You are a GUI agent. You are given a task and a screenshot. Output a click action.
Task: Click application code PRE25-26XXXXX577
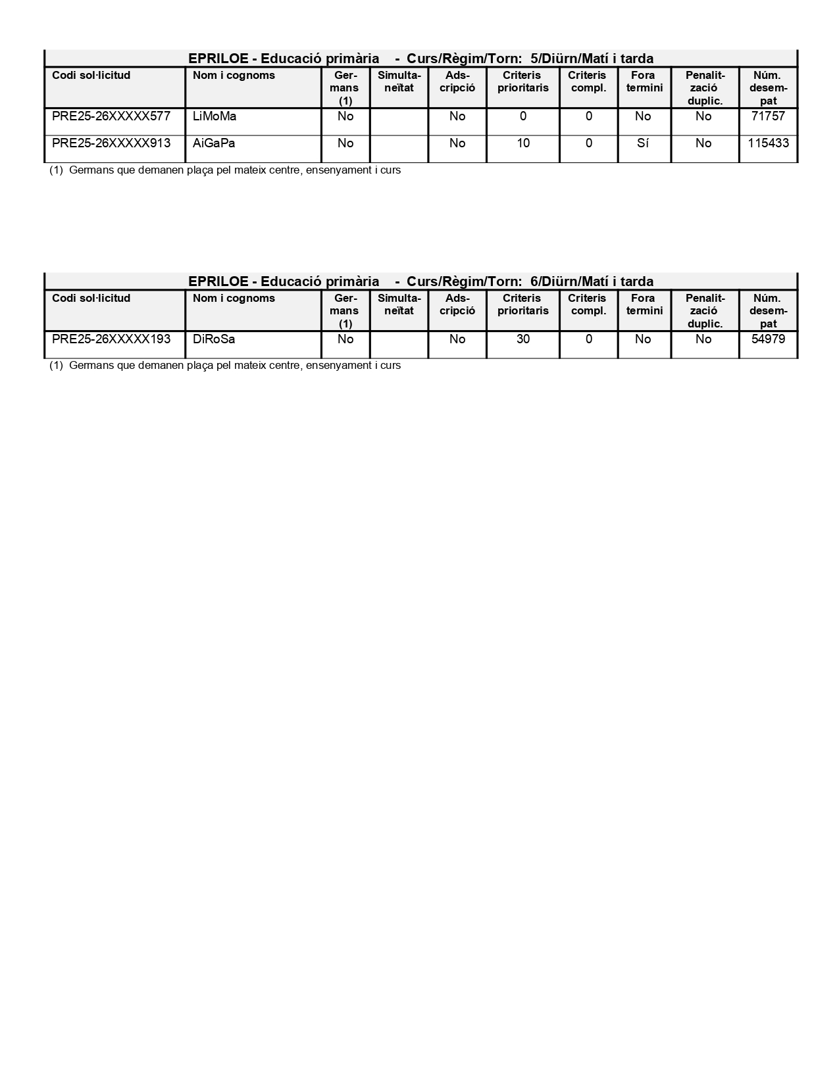(111, 116)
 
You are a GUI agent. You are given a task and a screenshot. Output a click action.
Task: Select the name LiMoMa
(215, 116)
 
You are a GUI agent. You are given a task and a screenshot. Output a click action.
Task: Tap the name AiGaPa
(214, 143)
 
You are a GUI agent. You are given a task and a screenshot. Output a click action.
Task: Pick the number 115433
(768, 143)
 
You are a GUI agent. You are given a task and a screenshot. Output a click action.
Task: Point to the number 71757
(768, 116)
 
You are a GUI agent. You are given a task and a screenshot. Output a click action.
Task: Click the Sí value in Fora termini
(643, 143)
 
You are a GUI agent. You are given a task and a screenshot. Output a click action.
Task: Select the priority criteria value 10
(523, 143)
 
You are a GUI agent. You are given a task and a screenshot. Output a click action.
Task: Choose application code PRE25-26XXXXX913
(111, 143)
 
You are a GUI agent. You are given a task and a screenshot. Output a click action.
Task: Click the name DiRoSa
(214, 339)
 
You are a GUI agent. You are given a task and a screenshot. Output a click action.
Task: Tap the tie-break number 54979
(768, 339)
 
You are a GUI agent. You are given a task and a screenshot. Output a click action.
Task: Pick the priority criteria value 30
(523, 339)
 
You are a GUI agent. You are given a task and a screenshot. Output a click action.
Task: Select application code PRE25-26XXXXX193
(111, 339)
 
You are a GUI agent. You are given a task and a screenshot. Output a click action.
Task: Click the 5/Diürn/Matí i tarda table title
(421, 59)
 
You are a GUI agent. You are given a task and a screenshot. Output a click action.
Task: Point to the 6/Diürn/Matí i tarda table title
(421, 281)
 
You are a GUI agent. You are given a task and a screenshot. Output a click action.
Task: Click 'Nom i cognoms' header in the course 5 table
(234, 76)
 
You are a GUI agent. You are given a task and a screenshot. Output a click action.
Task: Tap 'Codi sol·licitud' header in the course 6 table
(91, 299)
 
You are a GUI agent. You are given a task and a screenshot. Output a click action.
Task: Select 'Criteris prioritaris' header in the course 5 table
(523, 82)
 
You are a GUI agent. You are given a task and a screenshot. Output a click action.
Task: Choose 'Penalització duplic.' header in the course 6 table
(705, 310)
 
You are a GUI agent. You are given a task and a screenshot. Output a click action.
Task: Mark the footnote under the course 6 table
(225, 366)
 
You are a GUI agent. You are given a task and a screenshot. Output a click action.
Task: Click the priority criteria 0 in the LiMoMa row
(523, 116)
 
